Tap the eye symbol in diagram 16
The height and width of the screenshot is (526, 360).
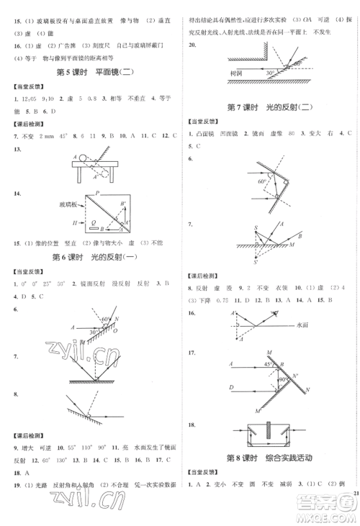pyautogui.click(x=276, y=313)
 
